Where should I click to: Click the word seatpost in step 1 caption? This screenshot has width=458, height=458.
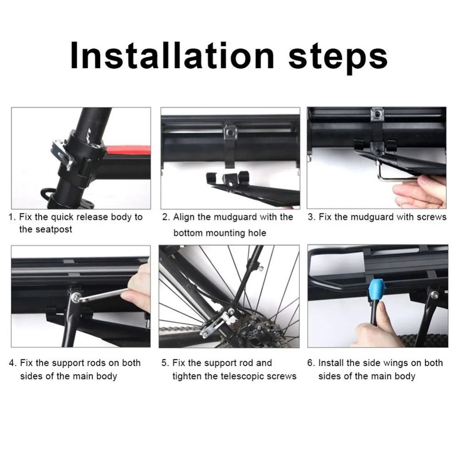tap(38, 230)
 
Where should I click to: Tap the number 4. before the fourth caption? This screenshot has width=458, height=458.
tap(12, 363)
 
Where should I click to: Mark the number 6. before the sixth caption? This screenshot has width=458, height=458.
tap(311, 363)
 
